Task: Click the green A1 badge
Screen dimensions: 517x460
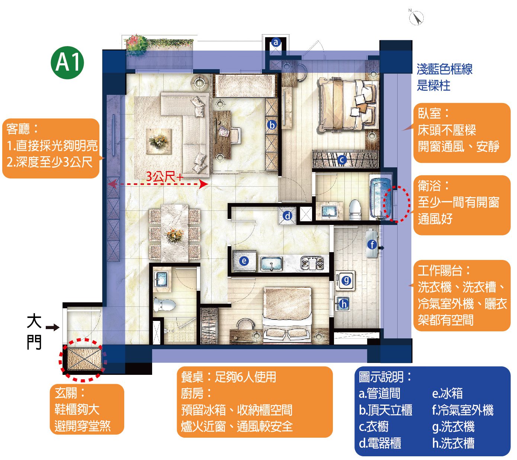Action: (x=67, y=62)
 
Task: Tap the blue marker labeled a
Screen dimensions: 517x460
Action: (x=276, y=42)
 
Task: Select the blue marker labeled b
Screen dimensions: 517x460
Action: (x=272, y=125)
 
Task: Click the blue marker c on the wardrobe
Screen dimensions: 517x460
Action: (x=342, y=160)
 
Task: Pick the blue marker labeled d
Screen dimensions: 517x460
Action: (x=288, y=216)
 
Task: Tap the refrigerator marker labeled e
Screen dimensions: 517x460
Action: (x=244, y=261)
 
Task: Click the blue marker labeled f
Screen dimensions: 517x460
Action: (x=372, y=244)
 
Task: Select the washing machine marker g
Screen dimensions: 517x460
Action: (x=346, y=281)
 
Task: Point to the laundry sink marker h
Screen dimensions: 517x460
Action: (x=344, y=303)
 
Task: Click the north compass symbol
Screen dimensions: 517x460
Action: (x=416, y=17)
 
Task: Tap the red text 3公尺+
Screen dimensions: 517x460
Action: (x=165, y=176)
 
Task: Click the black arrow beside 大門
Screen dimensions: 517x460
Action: (x=52, y=327)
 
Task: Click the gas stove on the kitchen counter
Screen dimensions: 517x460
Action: (x=312, y=263)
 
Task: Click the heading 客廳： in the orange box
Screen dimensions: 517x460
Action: (x=22, y=129)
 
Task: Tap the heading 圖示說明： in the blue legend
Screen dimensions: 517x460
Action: (x=385, y=377)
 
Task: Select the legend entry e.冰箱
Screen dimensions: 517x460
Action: (x=447, y=393)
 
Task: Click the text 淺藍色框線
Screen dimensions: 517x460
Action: (x=444, y=69)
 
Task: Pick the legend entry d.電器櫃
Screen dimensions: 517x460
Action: (x=380, y=443)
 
